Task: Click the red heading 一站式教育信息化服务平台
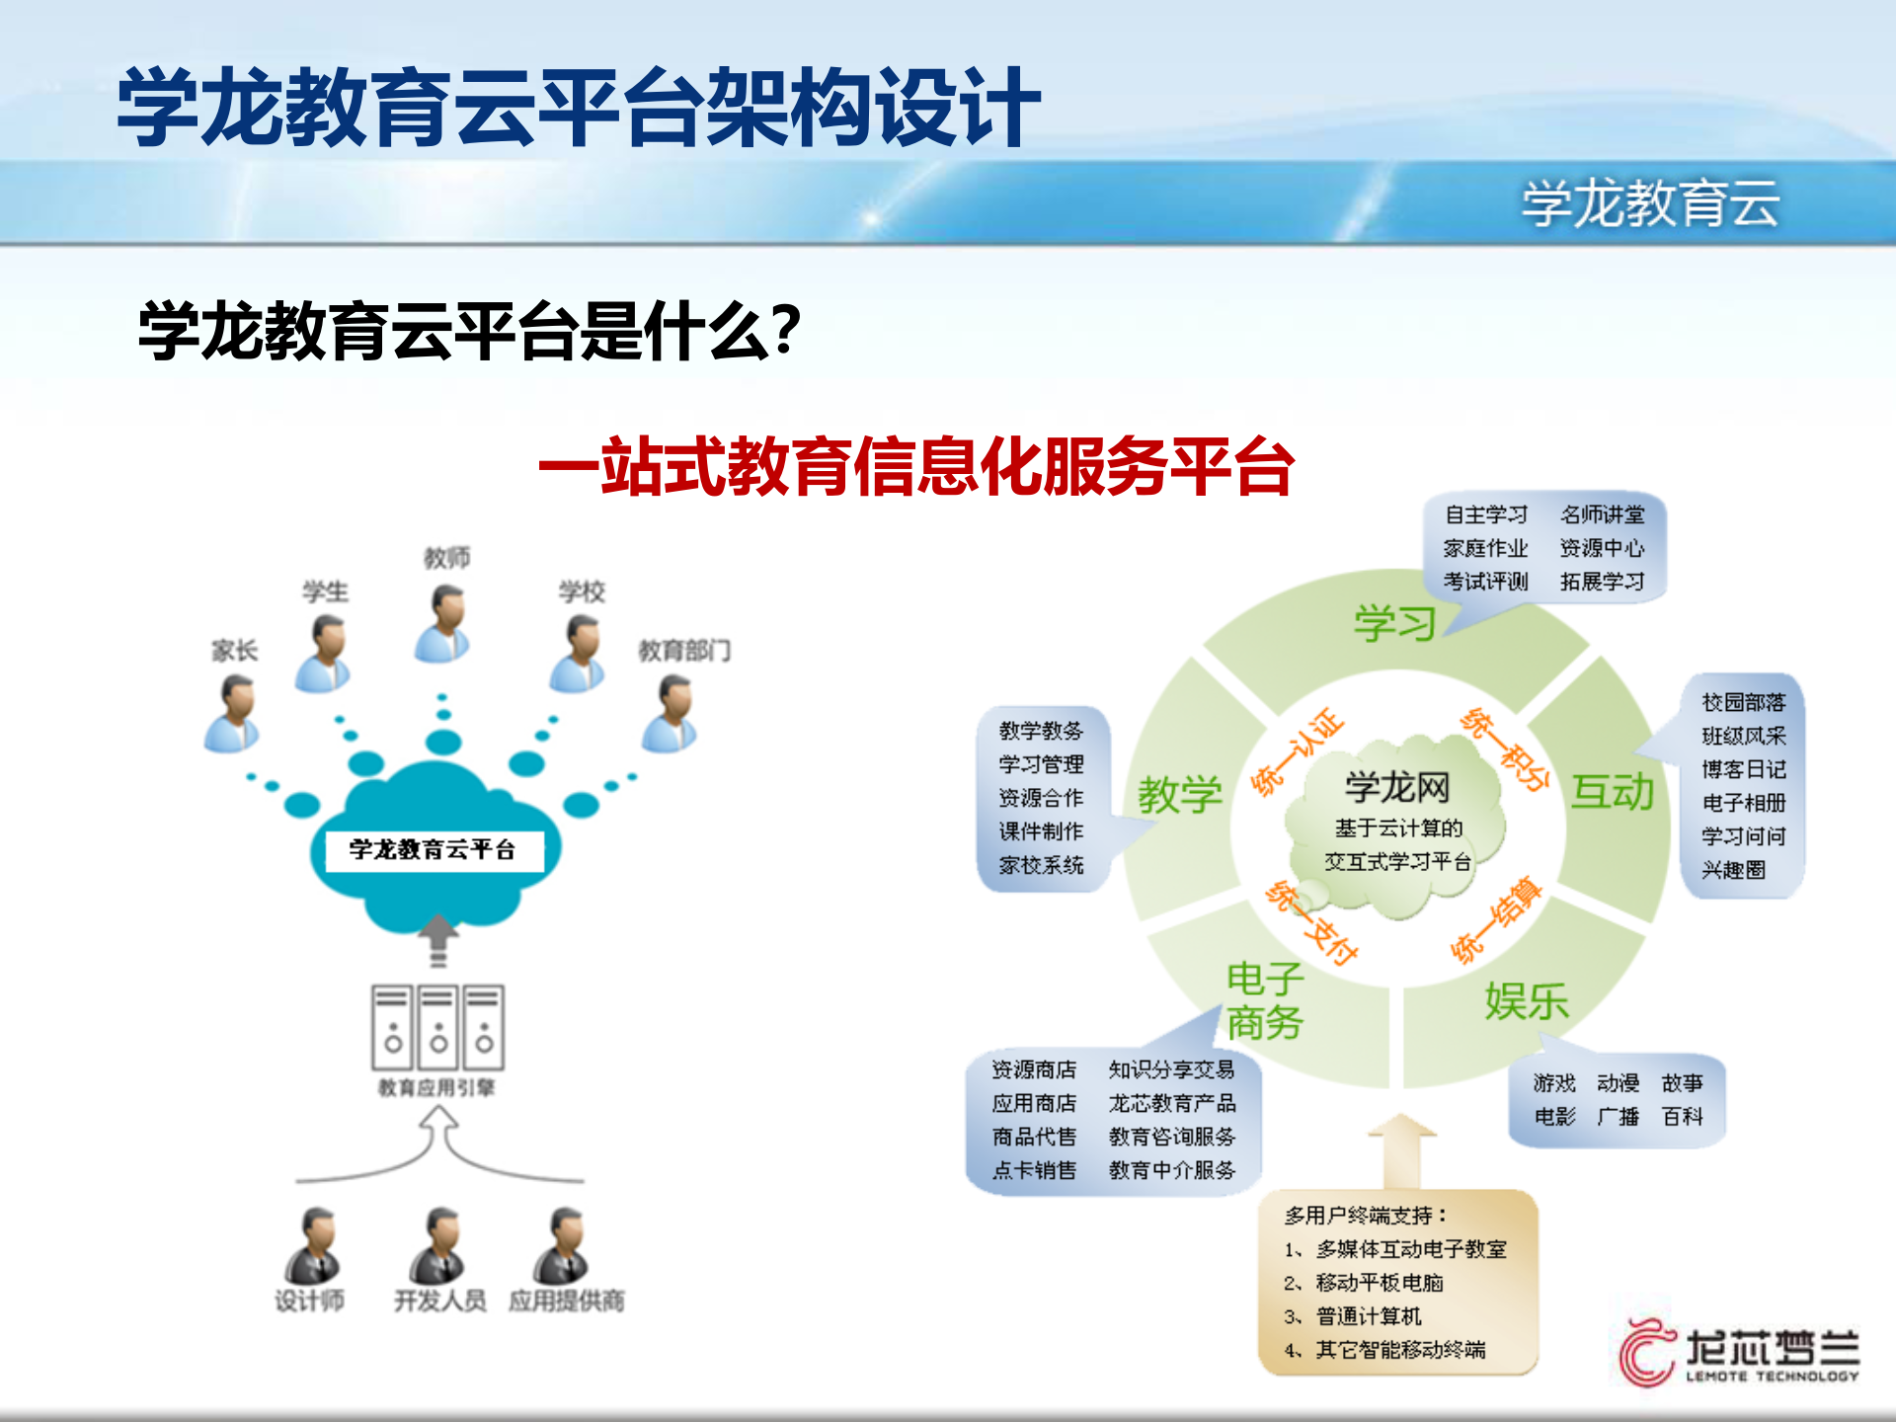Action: [915, 466]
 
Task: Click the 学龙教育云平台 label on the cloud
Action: [432, 849]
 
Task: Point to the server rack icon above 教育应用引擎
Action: [437, 1027]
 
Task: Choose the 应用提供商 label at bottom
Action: [566, 1301]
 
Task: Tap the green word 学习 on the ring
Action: [1393, 624]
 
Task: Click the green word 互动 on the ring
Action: [1612, 792]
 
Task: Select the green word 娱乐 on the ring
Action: [1526, 1001]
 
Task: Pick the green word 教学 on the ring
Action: [1179, 794]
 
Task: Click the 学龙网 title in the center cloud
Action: [1396, 788]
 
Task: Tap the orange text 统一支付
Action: [1313, 923]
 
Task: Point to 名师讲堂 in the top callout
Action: [1602, 514]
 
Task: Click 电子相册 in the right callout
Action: [1743, 803]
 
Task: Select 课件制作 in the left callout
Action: [1041, 831]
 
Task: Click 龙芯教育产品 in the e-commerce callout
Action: [1171, 1103]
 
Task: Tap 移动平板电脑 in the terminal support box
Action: [1379, 1283]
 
